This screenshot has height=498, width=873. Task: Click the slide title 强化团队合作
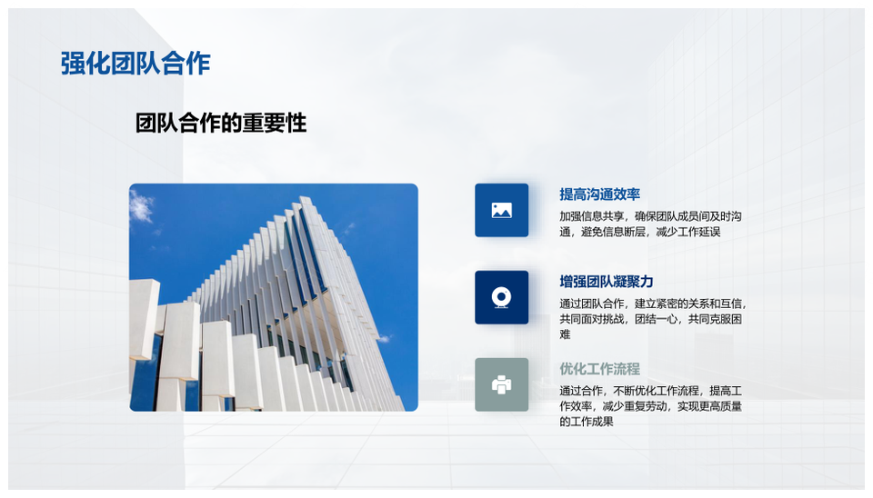tap(135, 64)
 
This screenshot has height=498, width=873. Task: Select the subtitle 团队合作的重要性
tap(221, 123)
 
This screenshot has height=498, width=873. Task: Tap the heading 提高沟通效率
tap(599, 194)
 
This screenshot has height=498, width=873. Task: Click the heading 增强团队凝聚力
tap(607, 282)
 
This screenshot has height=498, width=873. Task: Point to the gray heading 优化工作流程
tap(599, 369)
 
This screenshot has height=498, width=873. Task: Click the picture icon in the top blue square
tap(502, 210)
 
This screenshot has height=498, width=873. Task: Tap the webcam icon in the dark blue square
tap(502, 298)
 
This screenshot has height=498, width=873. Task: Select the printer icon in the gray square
tap(502, 385)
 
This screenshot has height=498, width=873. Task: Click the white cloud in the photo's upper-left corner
tap(142, 207)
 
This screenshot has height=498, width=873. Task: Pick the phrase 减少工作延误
tap(688, 232)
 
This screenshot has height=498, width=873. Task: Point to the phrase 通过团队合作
tap(591, 304)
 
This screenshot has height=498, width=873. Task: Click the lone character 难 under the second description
tap(565, 334)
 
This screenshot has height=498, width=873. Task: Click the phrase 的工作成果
tap(587, 422)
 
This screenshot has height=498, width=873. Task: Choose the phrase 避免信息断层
tap(613, 232)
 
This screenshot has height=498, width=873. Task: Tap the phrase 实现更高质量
tap(710, 407)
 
